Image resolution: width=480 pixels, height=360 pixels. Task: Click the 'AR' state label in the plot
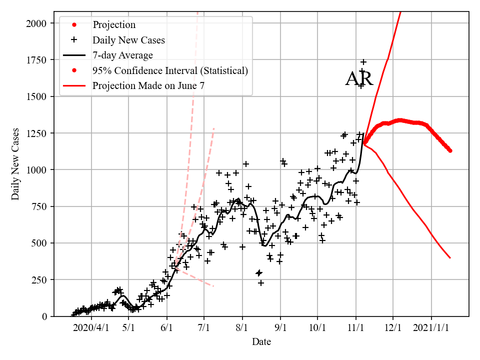359,79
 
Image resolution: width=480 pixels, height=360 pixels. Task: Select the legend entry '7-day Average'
122,55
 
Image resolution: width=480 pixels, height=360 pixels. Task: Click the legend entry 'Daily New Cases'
128,39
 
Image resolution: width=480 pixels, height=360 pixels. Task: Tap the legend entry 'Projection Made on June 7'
148,86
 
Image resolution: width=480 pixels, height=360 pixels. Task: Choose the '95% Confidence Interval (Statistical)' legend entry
170,70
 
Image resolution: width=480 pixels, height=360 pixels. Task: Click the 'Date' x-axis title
261,342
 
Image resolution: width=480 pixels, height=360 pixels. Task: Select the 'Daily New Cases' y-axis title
15,164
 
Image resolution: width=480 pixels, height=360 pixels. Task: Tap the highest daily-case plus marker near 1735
363,62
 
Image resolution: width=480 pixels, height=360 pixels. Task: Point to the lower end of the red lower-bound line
450,258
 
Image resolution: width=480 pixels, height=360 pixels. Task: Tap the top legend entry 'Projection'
114,24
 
